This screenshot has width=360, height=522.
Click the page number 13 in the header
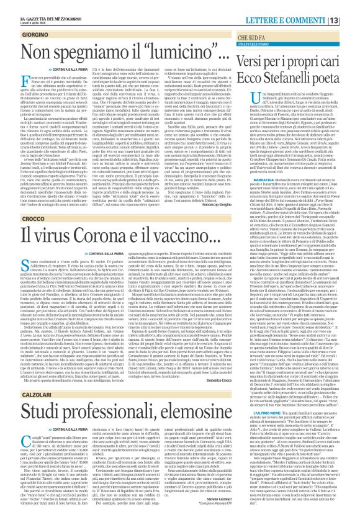(x=351, y=6)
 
